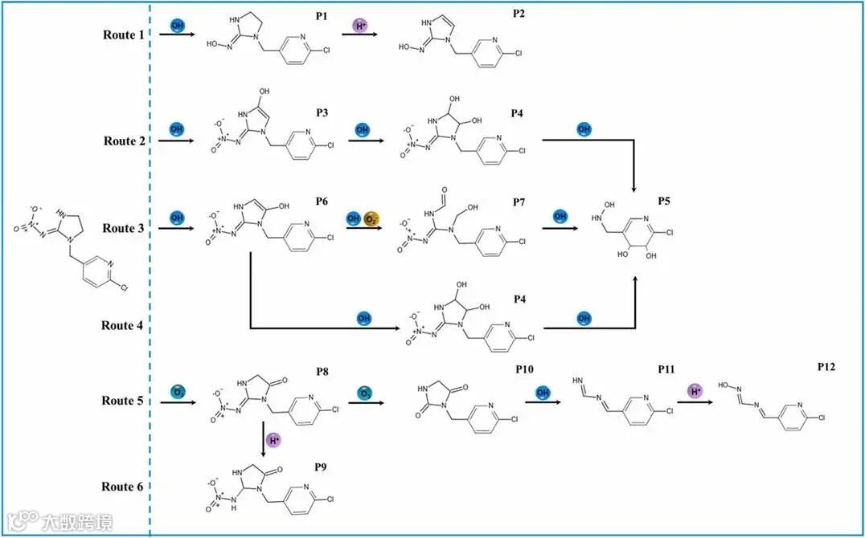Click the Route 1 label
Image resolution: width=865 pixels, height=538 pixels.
125,35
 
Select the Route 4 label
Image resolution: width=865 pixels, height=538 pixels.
123,325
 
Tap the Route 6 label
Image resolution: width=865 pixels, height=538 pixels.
124,487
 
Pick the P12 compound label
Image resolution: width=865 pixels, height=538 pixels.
826,366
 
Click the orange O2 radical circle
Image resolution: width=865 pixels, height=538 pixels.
371,219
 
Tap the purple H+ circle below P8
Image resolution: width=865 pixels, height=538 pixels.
275,440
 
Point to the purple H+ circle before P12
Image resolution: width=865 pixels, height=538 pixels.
696,391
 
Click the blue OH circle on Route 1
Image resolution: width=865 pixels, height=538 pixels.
177,26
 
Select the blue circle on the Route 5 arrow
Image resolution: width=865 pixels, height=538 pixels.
177,391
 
